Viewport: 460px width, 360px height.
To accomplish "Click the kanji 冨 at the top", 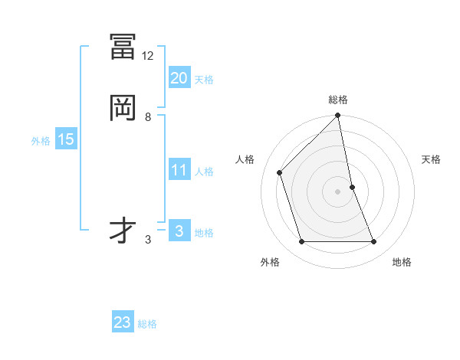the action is pyautogui.click(x=123, y=47).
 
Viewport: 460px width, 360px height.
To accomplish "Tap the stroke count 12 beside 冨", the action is pyautogui.click(x=148, y=56).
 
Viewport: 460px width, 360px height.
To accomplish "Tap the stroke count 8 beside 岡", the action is pyautogui.click(x=148, y=117).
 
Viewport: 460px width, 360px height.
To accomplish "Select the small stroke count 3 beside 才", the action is pyautogui.click(x=148, y=239).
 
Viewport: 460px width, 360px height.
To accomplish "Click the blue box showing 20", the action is pyautogui.click(x=179, y=77).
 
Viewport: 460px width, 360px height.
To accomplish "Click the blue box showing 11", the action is pyautogui.click(x=179, y=170).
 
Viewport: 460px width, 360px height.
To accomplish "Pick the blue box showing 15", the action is pyautogui.click(x=66, y=139).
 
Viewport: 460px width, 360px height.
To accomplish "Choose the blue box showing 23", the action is pyautogui.click(x=123, y=322).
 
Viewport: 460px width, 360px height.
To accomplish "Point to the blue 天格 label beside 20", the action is pyautogui.click(x=204, y=80).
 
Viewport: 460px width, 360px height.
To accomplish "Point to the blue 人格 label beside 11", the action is pyautogui.click(x=204, y=172).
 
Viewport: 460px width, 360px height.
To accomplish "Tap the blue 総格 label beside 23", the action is pyautogui.click(x=147, y=324).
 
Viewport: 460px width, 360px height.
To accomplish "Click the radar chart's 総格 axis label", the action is pyautogui.click(x=337, y=100).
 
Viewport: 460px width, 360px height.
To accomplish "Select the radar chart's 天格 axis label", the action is pyautogui.click(x=432, y=159).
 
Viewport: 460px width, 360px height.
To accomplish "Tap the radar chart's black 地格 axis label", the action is pyautogui.click(x=402, y=263).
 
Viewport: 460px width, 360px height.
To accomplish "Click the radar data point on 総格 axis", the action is pyautogui.click(x=337, y=116).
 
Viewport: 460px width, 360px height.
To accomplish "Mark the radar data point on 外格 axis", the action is pyautogui.click(x=301, y=242).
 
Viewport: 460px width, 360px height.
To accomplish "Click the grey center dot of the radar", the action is pyautogui.click(x=337, y=191).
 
